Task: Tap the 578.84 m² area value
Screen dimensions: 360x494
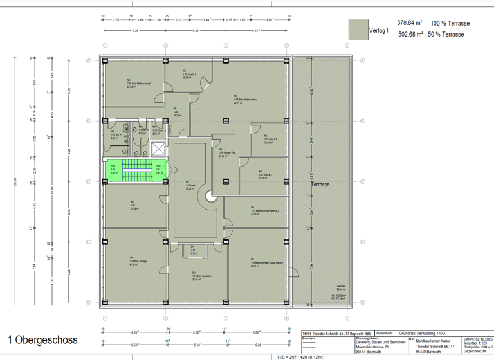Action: click(410, 23)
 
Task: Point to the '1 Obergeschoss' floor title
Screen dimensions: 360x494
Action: click(42, 339)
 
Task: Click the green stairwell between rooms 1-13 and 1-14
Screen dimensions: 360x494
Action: click(136, 170)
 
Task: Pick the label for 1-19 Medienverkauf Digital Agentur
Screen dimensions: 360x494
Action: click(259, 264)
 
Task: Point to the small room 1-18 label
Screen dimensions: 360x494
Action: click(192, 251)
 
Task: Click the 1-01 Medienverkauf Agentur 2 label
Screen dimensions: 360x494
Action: click(264, 212)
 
